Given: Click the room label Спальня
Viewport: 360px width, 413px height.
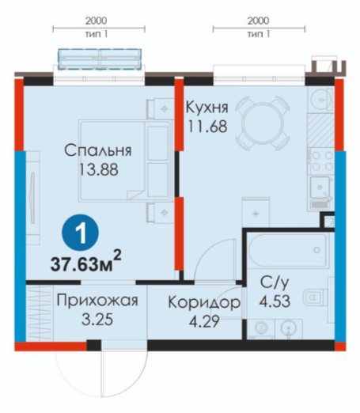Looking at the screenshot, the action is [98, 150].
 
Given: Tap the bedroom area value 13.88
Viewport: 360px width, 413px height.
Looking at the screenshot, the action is [98, 169].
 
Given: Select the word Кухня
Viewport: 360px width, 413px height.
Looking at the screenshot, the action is [207, 108].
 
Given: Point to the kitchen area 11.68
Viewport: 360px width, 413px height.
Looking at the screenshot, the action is [207, 126].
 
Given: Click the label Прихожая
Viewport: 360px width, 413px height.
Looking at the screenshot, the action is [97, 301].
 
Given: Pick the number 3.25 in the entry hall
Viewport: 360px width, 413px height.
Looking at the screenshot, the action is [97, 320].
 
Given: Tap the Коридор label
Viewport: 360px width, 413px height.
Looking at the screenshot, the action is [204, 302].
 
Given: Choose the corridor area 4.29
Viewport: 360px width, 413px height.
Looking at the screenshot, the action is [204, 321].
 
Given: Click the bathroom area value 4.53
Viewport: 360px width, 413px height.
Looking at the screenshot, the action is [275, 301].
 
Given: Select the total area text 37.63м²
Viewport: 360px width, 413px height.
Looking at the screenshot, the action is [85, 263].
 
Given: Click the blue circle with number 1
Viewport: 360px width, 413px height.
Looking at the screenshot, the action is [81, 233].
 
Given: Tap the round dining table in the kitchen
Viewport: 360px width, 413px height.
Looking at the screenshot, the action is [263, 123].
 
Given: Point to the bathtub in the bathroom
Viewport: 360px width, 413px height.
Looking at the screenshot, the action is [288, 250].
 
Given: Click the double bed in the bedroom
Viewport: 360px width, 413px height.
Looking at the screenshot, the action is [125, 161].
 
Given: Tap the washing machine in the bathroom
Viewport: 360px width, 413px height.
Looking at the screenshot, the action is [261, 328].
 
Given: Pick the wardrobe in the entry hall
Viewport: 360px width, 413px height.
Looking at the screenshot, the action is [40, 313].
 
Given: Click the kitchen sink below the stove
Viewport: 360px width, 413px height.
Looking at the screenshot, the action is [320, 188].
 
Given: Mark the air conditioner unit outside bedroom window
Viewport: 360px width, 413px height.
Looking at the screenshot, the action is [100, 59].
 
